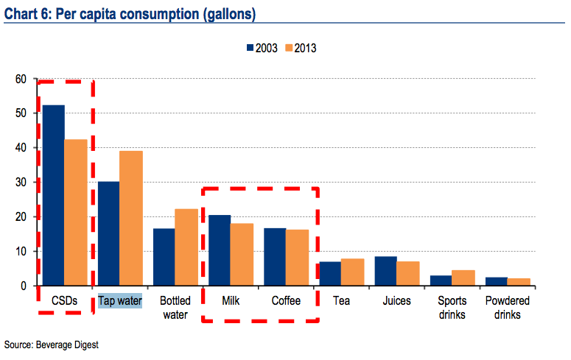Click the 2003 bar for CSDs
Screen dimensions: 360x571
coord(53,195)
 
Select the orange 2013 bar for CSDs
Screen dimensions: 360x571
coord(75,212)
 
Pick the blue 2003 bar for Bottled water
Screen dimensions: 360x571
coord(164,257)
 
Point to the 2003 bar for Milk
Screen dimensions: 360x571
coord(220,250)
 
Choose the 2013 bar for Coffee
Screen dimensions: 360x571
coord(298,258)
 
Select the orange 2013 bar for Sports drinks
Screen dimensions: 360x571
coord(463,278)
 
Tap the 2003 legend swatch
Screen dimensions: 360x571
coord(251,49)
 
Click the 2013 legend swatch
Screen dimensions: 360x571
coord(288,49)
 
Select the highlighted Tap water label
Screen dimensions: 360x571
coord(120,301)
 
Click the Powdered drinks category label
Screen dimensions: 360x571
coord(508,308)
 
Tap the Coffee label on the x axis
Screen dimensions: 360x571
coord(286,301)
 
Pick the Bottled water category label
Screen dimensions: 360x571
coord(175,308)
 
